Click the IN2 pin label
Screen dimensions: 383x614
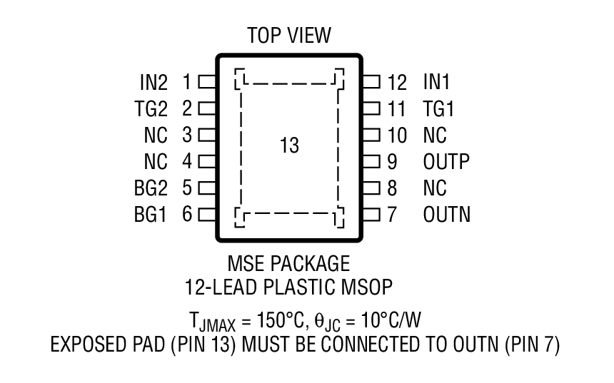(x=153, y=82)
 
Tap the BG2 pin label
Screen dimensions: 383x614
(x=151, y=188)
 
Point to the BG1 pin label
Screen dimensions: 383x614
(x=151, y=214)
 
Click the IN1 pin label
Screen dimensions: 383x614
(x=437, y=82)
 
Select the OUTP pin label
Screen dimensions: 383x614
(x=446, y=161)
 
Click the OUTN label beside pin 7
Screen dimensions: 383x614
(x=447, y=214)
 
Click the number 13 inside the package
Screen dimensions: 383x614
(x=289, y=146)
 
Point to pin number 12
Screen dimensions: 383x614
(x=397, y=82)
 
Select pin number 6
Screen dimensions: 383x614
(x=187, y=214)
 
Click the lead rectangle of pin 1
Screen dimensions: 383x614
(x=206, y=81)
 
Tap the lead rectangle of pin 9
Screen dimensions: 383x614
(x=371, y=161)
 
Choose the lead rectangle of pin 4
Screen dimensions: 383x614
(x=206, y=161)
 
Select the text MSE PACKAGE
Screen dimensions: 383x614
(x=289, y=264)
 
